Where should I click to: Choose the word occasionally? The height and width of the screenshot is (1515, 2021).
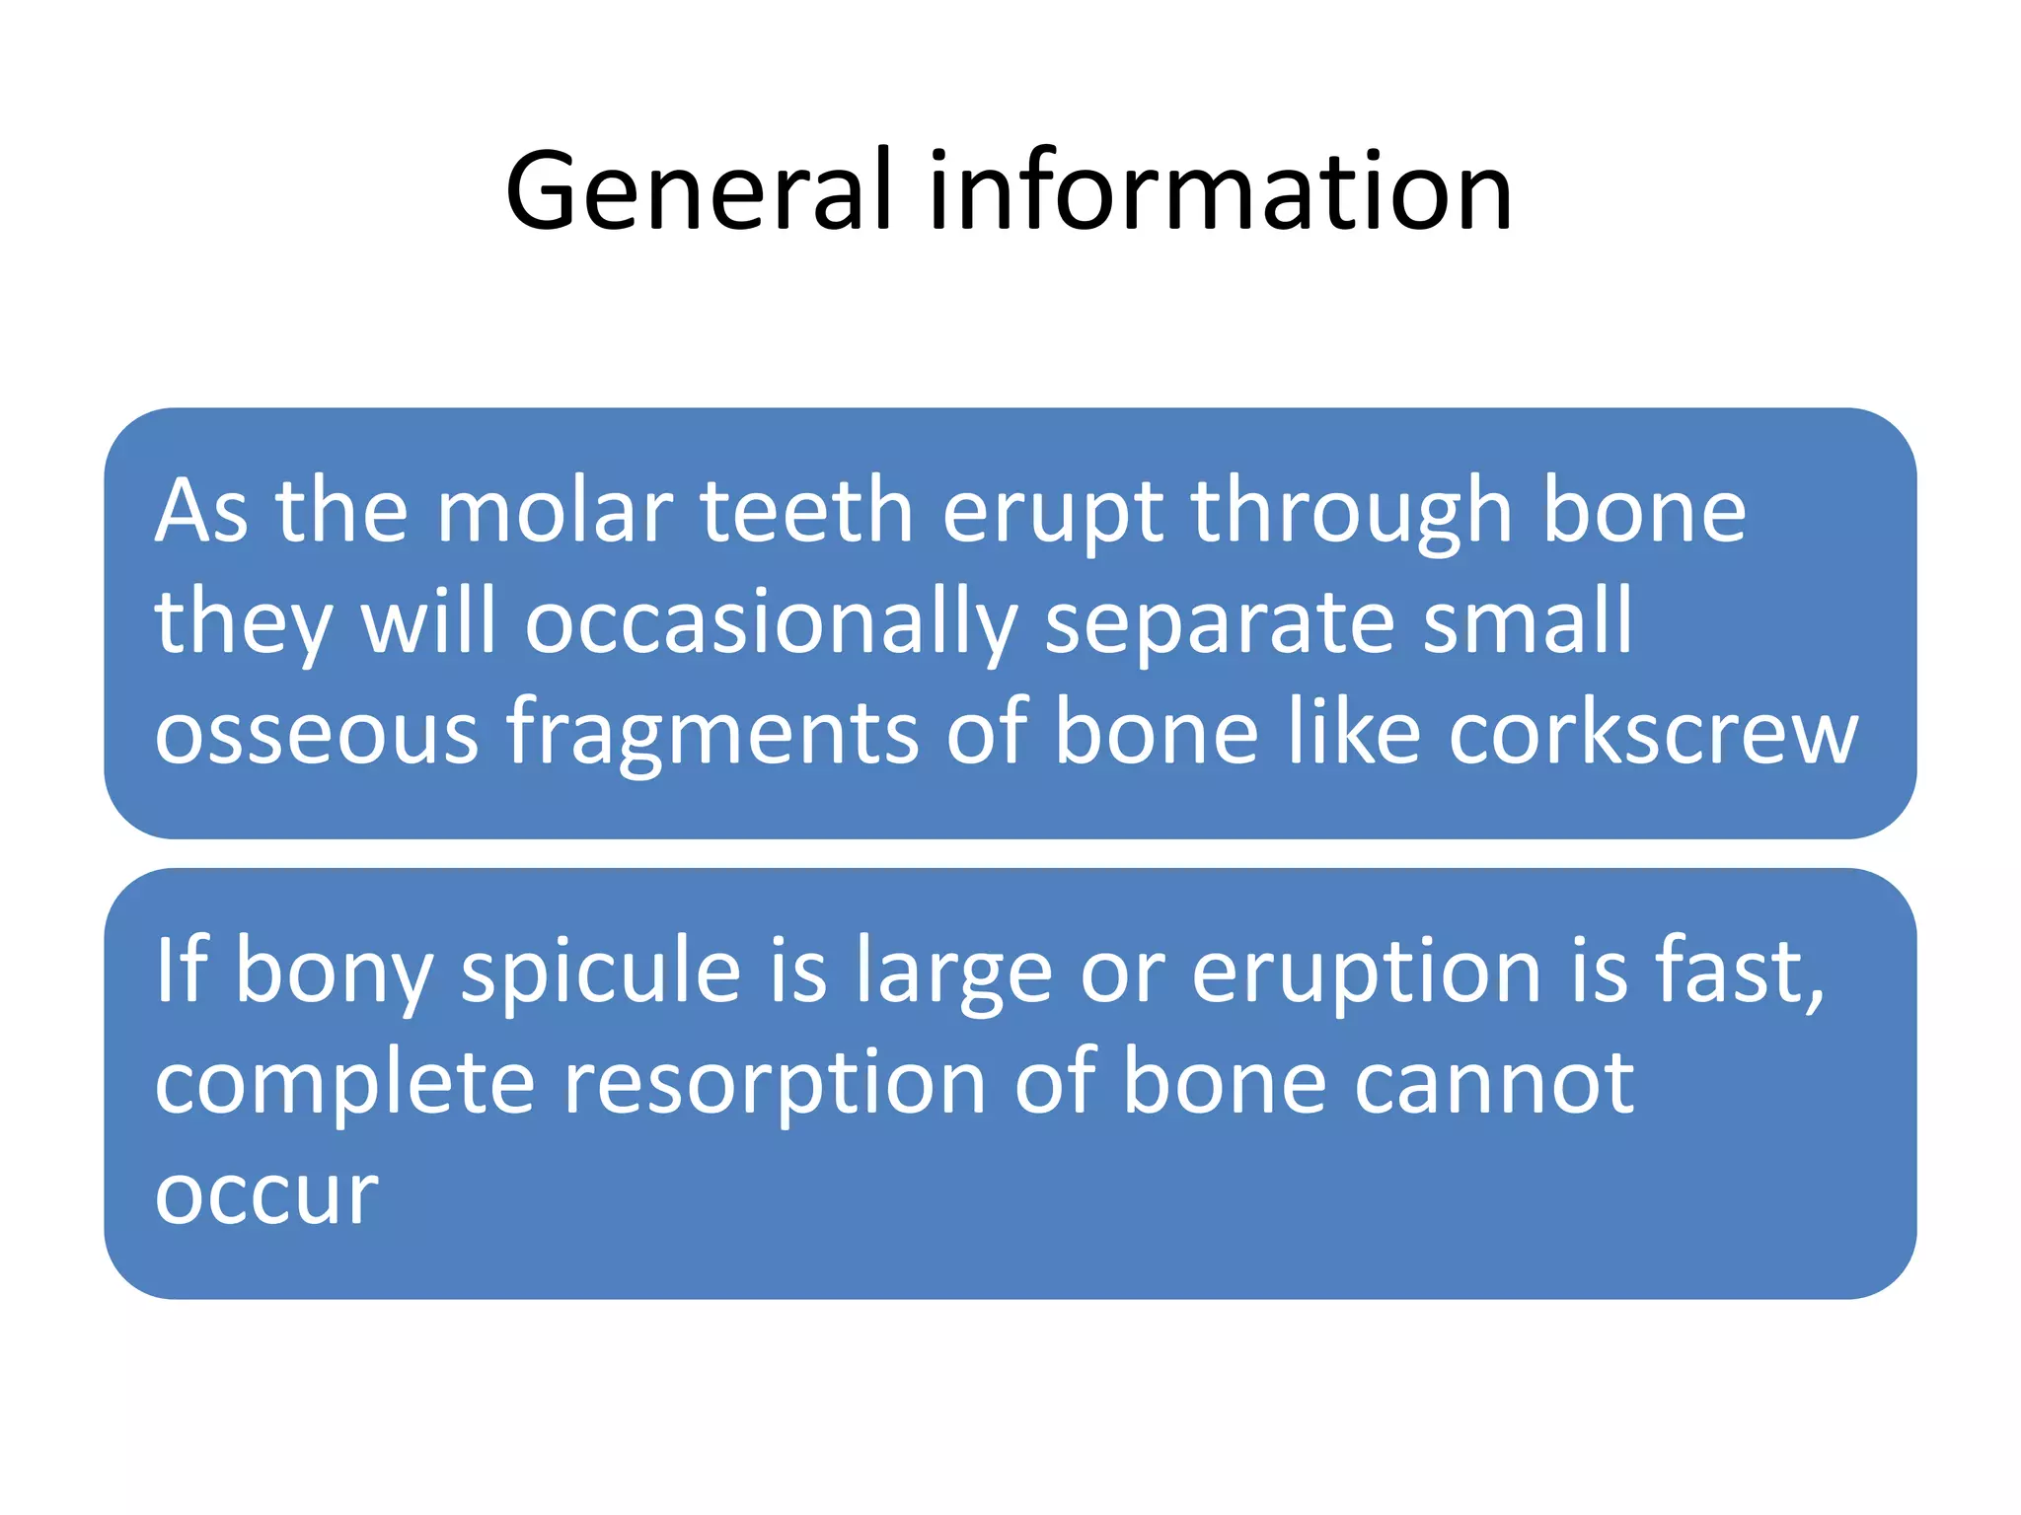(x=771, y=624)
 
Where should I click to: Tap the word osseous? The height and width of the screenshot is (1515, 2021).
(x=316, y=735)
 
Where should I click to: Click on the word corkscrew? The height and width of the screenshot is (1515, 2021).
(x=1653, y=735)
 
